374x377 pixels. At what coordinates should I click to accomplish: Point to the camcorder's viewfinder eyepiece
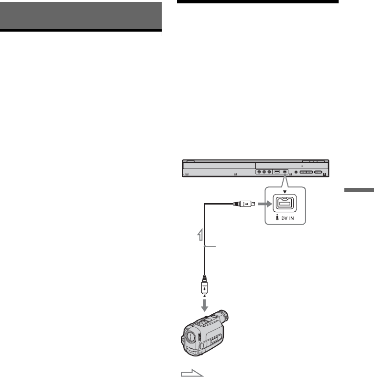(x=221, y=317)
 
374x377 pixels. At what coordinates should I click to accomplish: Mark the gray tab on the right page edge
(x=357, y=191)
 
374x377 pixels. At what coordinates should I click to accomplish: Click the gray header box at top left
(x=81, y=15)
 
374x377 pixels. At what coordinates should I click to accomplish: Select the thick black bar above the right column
(x=258, y=2)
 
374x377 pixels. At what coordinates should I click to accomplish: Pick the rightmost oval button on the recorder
(x=319, y=172)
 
